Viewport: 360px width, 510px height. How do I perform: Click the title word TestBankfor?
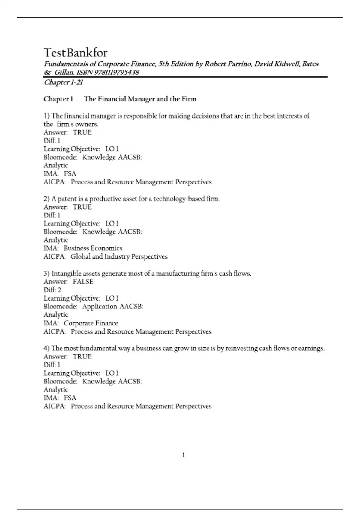(76, 53)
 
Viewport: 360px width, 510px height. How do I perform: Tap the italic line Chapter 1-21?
(63, 82)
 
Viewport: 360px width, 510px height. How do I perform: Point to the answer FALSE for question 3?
(83, 282)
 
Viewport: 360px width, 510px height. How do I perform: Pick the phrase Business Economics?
(93, 248)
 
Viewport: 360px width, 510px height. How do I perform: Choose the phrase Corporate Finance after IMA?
(91, 323)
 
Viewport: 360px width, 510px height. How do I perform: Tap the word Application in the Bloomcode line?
(100, 307)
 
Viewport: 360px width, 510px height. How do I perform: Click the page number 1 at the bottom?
(183, 455)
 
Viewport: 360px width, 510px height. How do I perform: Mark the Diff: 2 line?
(52, 290)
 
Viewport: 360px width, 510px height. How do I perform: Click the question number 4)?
(46, 348)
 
